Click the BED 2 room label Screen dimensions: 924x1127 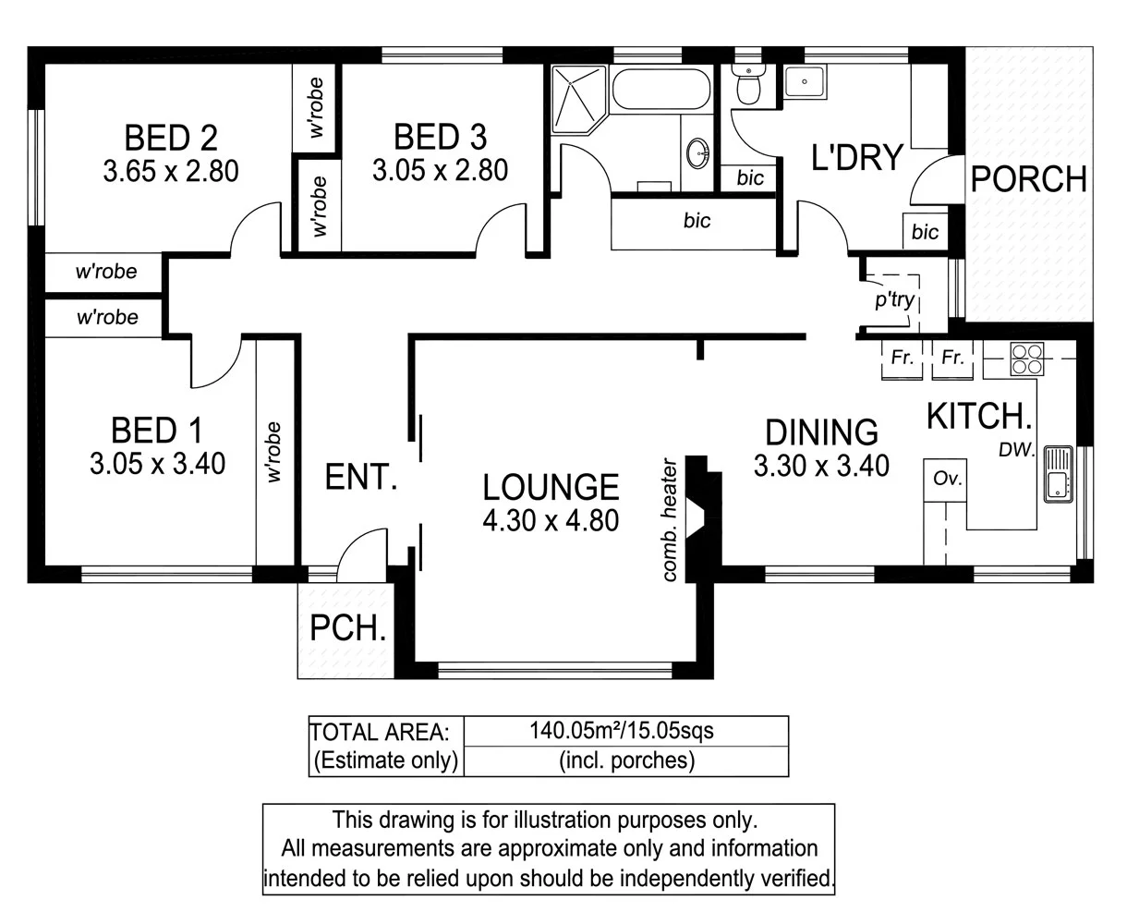(x=171, y=138)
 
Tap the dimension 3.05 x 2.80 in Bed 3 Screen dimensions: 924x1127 (x=440, y=171)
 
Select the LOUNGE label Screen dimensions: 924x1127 (x=551, y=487)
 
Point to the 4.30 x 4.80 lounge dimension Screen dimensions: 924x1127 (x=551, y=521)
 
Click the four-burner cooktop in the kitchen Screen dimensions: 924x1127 (x=1025, y=359)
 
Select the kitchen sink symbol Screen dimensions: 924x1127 (x=1056, y=474)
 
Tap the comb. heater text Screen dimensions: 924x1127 (x=672, y=521)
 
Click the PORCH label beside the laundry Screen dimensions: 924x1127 (x=1028, y=178)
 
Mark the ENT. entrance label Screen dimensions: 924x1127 (x=361, y=477)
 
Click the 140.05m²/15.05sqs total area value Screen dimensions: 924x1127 (x=621, y=731)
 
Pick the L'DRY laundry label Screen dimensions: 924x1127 (x=855, y=157)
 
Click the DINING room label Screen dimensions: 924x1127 (x=821, y=432)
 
